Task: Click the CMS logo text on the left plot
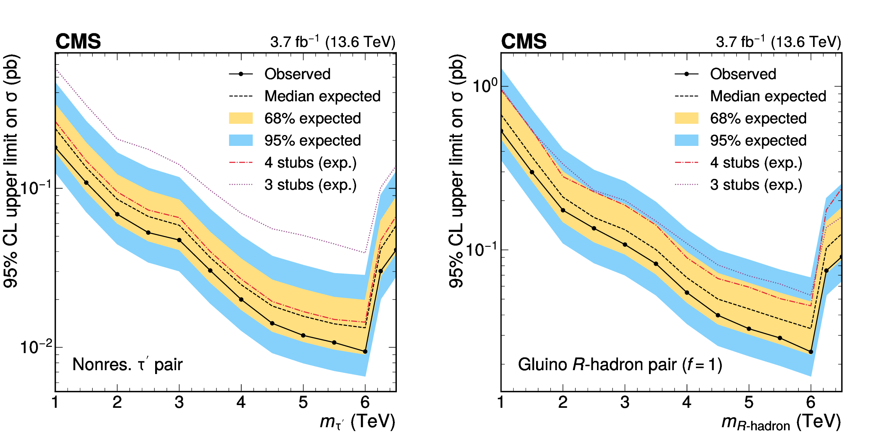point(78,42)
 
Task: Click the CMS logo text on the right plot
point(524,42)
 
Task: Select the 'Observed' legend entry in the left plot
point(297,74)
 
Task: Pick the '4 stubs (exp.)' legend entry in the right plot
point(756,163)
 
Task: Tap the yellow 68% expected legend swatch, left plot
point(241,118)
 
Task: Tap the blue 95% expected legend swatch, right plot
point(687,140)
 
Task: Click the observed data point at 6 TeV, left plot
point(365,352)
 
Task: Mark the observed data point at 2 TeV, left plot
point(117,214)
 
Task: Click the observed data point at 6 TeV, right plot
point(811,352)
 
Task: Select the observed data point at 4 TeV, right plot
point(687,293)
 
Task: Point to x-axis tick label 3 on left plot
point(179,402)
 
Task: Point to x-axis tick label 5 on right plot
point(749,402)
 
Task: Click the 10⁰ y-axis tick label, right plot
point(485,85)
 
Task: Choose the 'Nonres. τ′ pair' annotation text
point(127,364)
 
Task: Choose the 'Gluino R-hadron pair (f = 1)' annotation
point(620,364)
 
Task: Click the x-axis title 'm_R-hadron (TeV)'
point(781,422)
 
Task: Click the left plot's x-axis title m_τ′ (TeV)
point(357,422)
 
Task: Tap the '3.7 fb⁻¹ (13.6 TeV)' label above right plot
point(778,42)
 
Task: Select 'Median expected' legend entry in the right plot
point(768,96)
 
